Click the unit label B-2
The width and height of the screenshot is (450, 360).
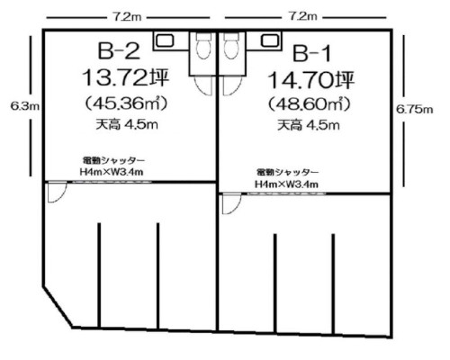[118, 50]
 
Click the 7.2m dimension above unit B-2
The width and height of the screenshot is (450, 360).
[124, 16]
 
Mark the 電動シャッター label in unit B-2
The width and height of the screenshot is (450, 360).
[106, 160]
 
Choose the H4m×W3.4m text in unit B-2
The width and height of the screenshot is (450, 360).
[107, 172]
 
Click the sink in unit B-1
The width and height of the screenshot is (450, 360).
[266, 40]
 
